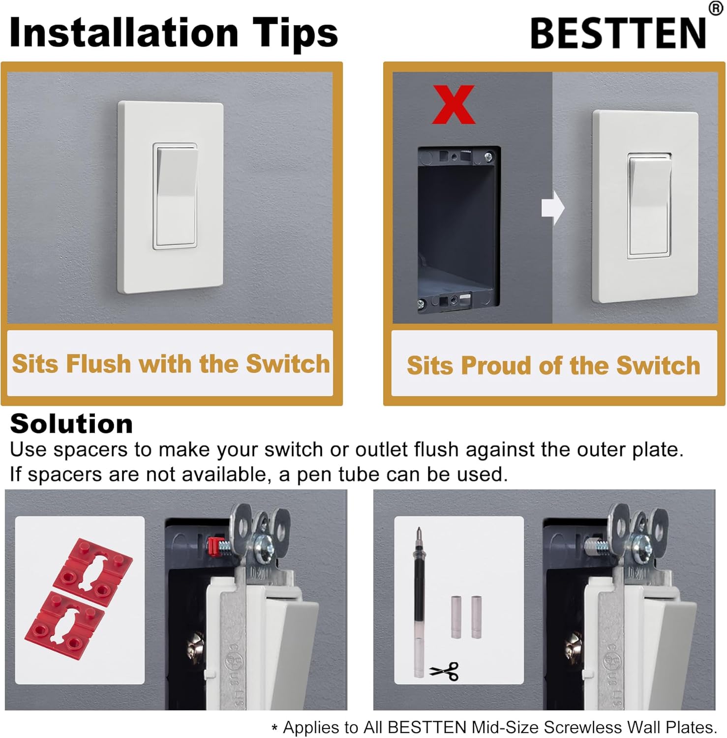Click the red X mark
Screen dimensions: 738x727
pyautogui.click(x=454, y=105)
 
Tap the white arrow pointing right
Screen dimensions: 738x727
pyautogui.click(x=553, y=208)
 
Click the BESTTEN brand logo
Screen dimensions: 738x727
pyautogui.click(x=618, y=33)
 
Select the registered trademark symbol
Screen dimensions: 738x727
pyautogui.click(x=716, y=8)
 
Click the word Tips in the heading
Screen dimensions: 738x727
pyautogui.click(x=295, y=33)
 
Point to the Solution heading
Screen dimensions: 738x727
pyautogui.click(x=71, y=424)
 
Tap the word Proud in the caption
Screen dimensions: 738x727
pyautogui.click(x=496, y=366)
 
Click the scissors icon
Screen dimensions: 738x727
pyautogui.click(x=445, y=671)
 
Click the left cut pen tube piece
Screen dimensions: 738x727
pyautogui.click(x=456, y=617)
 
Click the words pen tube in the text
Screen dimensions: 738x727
pyautogui.click(x=339, y=474)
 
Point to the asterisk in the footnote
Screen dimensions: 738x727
pyautogui.click(x=274, y=729)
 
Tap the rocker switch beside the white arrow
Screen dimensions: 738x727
pyautogui.click(x=649, y=206)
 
